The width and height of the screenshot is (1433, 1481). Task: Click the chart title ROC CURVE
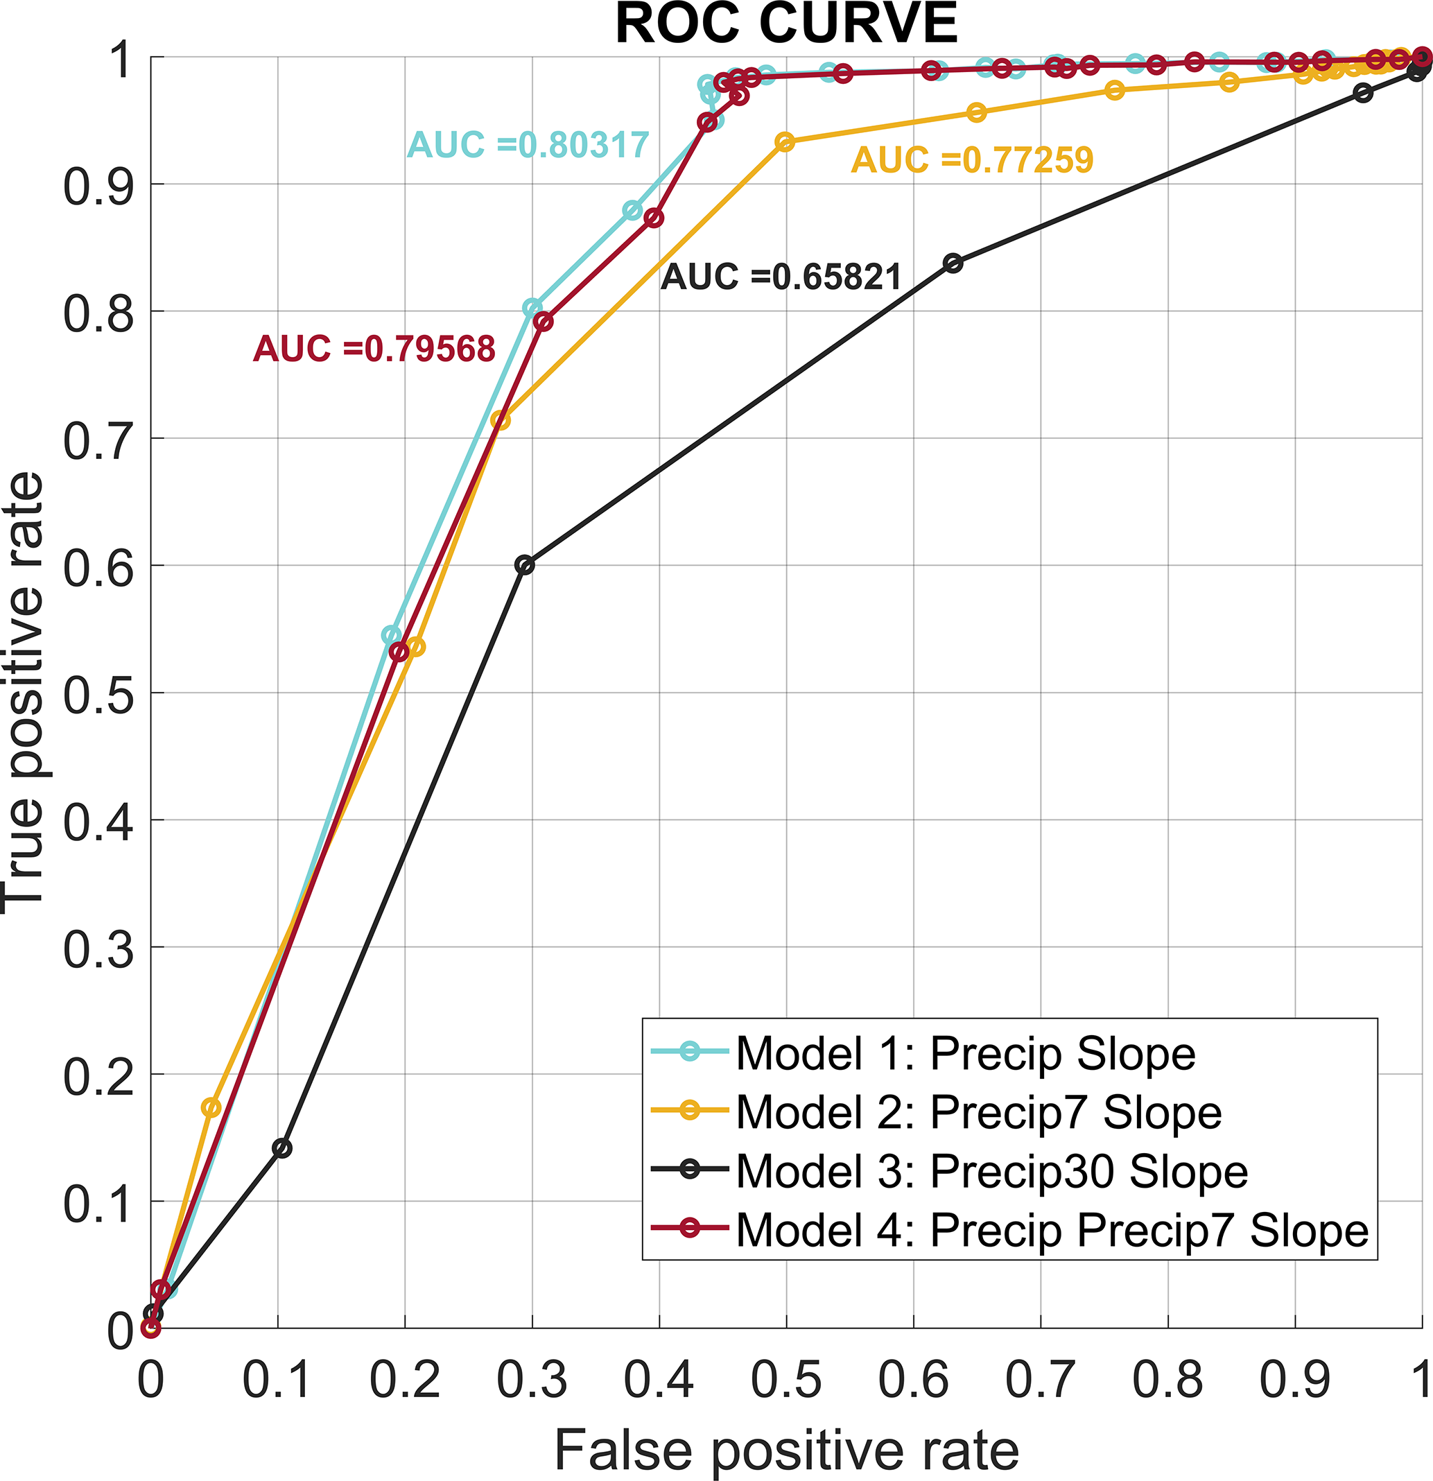[786, 24]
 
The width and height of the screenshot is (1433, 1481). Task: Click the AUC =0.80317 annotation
[528, 144]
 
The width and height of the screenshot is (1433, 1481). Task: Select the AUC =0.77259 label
[972, 159]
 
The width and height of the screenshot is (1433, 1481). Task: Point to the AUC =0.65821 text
[781, 277]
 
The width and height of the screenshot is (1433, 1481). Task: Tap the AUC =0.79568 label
[374, 348]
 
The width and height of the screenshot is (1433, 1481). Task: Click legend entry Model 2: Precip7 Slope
[978, 1112]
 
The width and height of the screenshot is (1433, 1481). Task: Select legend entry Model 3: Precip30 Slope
[991, 1171]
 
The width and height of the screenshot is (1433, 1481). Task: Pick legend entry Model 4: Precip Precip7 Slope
[1052, 1230]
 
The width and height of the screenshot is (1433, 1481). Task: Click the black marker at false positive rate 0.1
[281, 1148]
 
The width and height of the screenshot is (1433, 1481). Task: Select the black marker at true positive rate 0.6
[524, 565]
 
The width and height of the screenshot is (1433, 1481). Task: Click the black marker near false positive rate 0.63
[953, 263]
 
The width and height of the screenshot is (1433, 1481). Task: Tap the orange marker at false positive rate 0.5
[785, 142]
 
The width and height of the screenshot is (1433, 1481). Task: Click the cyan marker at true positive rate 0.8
[532, 309]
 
